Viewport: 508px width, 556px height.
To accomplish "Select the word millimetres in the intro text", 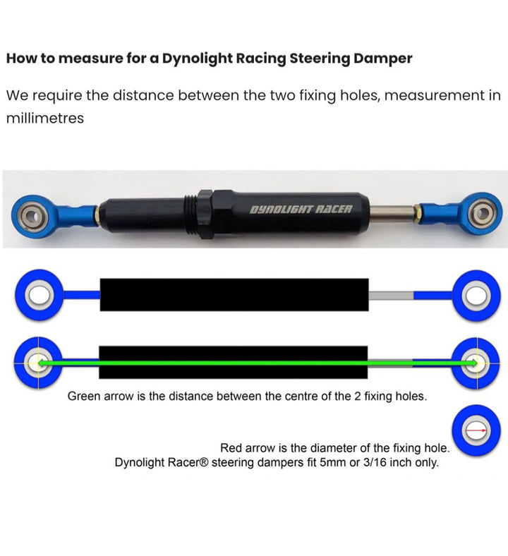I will click(44, 118).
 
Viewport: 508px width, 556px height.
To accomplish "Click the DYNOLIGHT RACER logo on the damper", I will click(301, 210).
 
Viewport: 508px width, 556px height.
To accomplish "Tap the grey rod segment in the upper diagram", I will click(391, 295).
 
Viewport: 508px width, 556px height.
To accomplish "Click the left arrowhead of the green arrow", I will click(42, 363).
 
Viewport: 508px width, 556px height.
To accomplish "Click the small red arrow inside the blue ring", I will click(476, 429).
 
